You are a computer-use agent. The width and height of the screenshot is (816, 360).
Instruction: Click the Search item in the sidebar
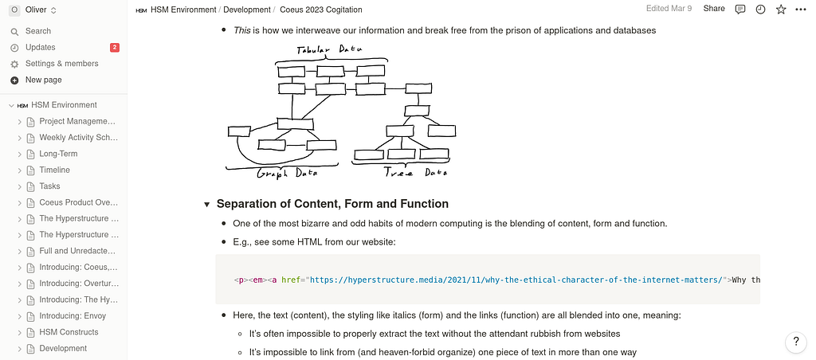[x=37, y=31]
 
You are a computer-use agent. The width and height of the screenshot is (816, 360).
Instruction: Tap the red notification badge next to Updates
[x=115, y=48]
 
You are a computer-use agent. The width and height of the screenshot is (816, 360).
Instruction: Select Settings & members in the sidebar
[x=61, y=64]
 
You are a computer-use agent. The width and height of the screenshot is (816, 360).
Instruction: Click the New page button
[x=43, y=80]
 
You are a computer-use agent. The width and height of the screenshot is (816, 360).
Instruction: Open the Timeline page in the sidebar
[x=54, y=170]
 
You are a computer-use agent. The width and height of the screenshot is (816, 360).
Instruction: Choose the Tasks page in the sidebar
[x=49, y=186]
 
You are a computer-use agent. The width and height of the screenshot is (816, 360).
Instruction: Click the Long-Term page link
[x=58, y=154]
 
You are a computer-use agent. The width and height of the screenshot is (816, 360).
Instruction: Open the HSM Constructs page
[x=69, y=332]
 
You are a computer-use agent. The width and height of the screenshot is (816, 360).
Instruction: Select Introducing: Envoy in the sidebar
[x=73, y=316]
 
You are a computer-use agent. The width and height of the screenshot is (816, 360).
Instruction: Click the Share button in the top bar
[x=714, y=9]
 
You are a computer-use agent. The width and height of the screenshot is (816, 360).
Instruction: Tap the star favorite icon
[x=781, y=10]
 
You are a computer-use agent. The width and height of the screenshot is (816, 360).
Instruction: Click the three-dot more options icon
[x=801, y=10]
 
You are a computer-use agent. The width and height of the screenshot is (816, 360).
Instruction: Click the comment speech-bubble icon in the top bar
[x=740, y=10]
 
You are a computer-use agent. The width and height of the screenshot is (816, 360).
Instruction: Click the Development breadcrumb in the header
[x=247, y=10]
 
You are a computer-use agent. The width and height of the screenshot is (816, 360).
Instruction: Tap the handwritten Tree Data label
[x=415, y=172]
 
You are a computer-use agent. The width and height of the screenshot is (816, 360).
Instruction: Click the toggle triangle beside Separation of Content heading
[x=207, y=205]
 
